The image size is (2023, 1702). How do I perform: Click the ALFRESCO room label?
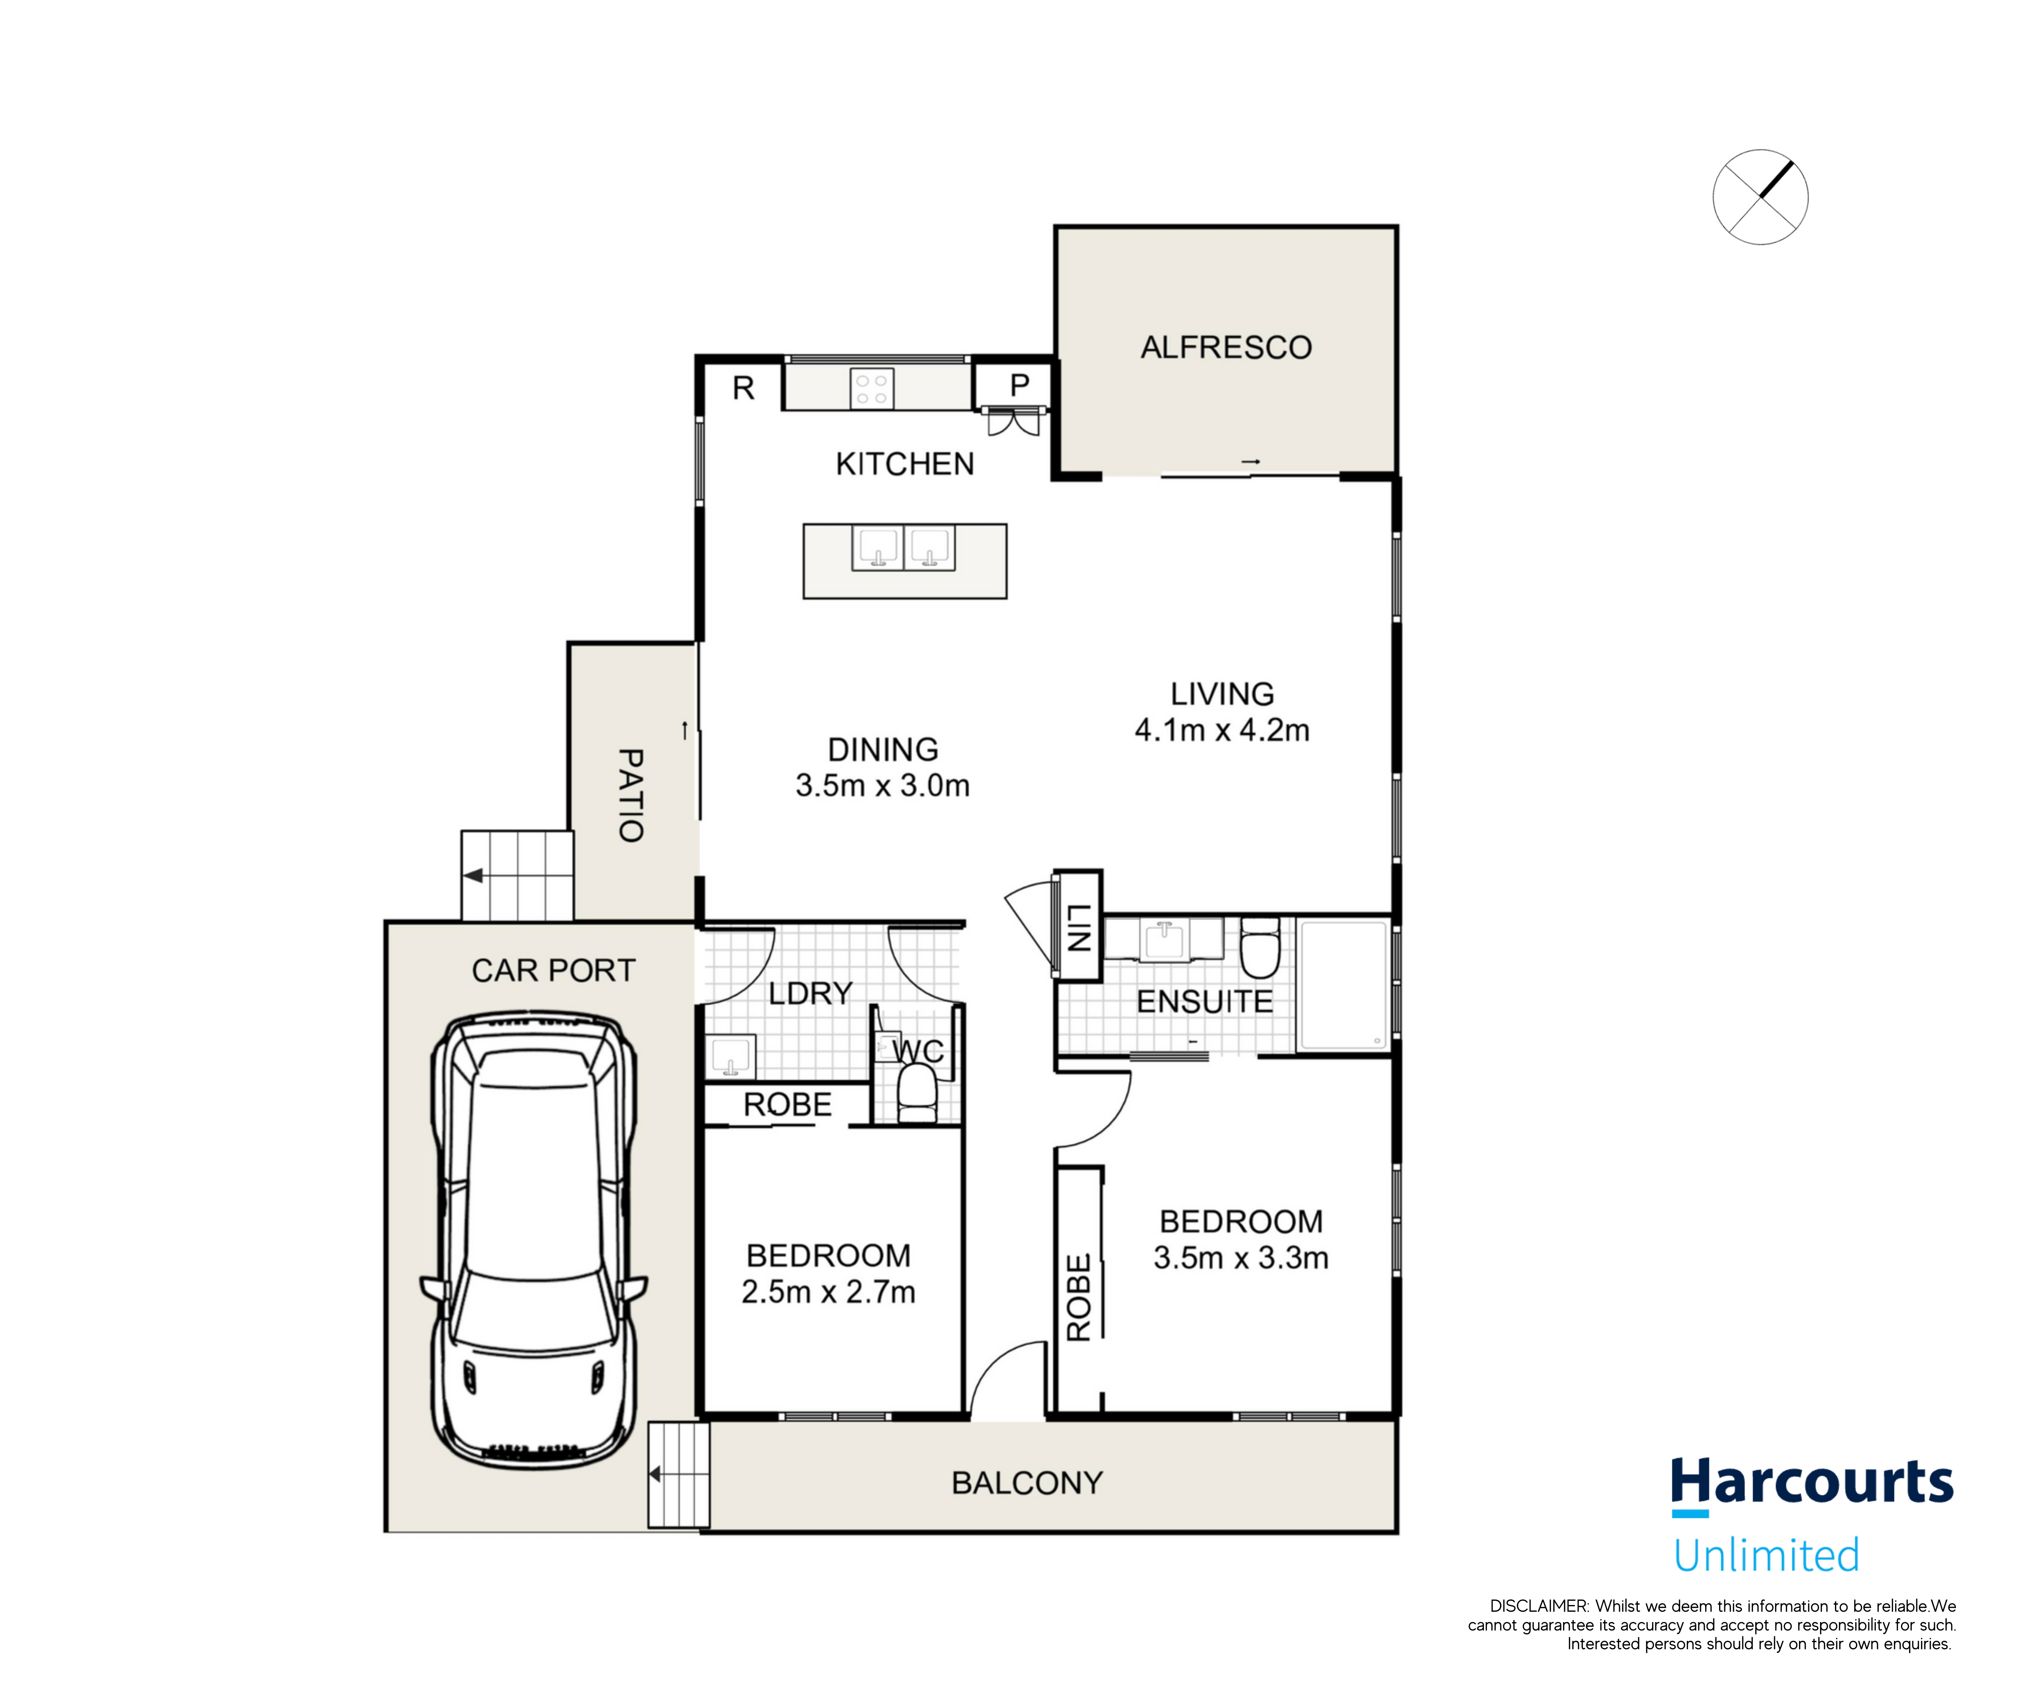point(1226,347)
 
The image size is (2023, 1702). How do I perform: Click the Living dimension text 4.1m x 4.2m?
point(1222,730)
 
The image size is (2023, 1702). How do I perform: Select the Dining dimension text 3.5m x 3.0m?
point(882,785)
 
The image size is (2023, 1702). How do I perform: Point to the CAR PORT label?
point(553,971)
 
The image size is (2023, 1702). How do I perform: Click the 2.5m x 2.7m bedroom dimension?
point(828,1292)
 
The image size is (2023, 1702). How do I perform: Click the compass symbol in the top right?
point(1760,197)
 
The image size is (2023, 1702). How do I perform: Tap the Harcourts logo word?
point(1812,1483)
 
